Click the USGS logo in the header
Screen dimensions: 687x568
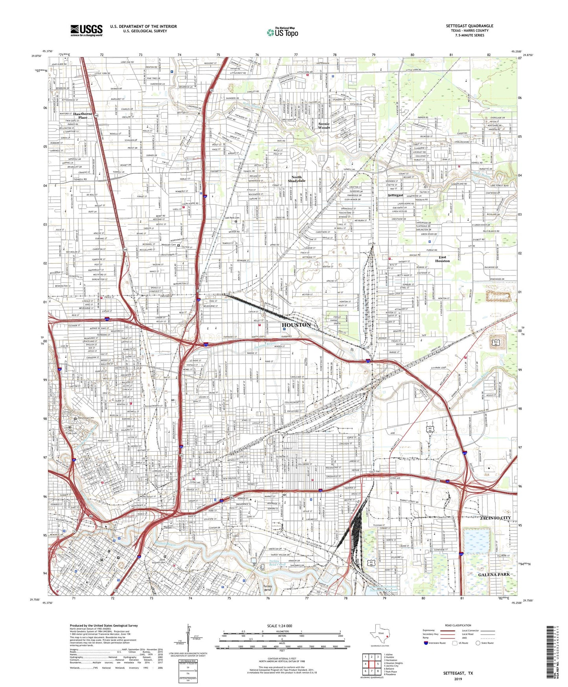click(86, 30)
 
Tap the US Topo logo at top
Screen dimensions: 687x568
click(282, 32)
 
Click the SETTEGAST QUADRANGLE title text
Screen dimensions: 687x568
click(469, 26)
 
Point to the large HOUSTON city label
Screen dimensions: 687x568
click(296, 325)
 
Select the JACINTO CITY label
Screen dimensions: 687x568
click(495, 518)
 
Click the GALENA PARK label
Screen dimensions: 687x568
click(494, 574)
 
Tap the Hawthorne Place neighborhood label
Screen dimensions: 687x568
click(83, 115)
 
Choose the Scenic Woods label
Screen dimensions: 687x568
click(324, 126)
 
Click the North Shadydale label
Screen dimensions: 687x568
click(296, 179)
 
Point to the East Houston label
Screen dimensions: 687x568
click(442, 259)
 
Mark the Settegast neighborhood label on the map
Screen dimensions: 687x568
click(395, 195)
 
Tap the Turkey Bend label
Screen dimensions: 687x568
click(267, 588)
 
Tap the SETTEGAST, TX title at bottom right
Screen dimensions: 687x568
click(458, 673)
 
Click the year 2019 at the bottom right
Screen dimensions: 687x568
click(458, 679)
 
